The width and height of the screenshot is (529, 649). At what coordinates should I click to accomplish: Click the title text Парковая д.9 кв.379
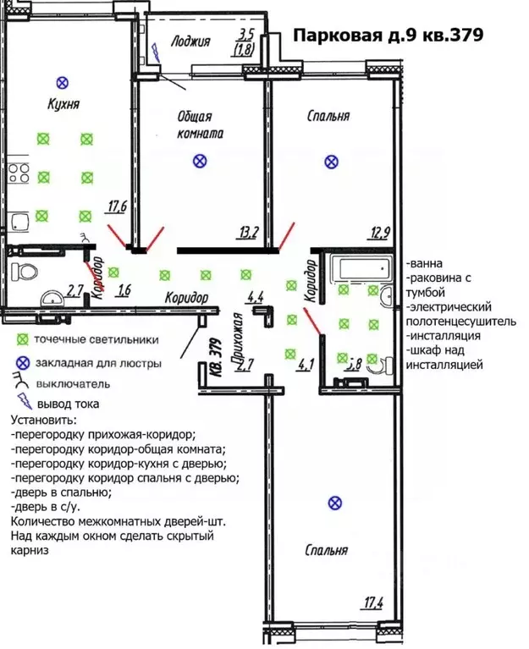tap(387, 36)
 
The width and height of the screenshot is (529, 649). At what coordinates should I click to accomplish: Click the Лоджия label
tap(190, 40)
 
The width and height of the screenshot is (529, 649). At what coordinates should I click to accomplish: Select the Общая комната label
tap(199, 125)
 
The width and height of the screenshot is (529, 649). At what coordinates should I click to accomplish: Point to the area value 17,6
tap(117, 205)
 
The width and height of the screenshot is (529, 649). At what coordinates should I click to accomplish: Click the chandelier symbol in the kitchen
tap(61, 82)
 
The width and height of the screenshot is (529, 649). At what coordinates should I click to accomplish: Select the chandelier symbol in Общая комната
tap(199, 160)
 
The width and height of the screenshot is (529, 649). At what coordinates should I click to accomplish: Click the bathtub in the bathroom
tap(361, 271)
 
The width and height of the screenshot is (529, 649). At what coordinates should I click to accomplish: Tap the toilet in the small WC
tap(25, 273)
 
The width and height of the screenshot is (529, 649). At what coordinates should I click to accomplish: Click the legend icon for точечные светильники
tap(21, 340)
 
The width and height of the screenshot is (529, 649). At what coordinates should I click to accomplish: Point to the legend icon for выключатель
tap(21, 383)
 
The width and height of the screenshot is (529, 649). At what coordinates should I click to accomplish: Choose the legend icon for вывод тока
tap(21, 404)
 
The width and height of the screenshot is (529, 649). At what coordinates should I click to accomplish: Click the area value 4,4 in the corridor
tap(255, 297)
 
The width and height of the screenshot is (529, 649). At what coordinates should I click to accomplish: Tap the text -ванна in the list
tap(423, 263)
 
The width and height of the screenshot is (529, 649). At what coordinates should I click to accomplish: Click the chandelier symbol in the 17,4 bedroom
tap(335, 503)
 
